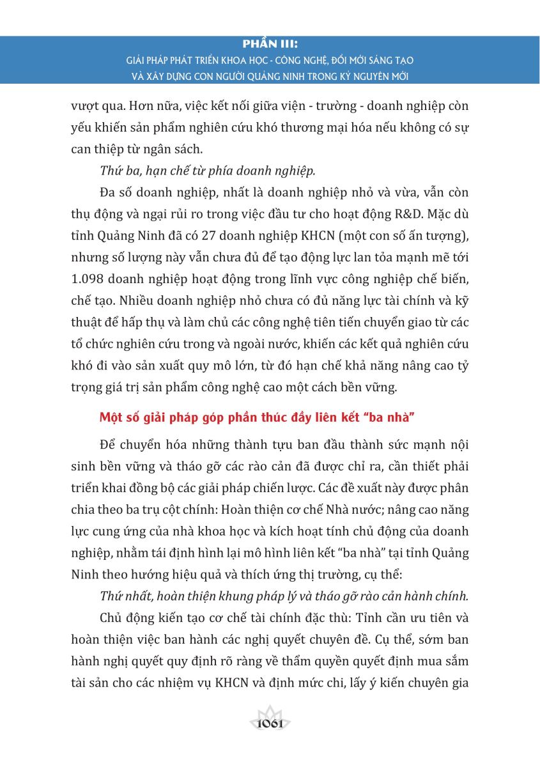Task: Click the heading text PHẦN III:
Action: [x=270, y=45]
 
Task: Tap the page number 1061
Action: [x=270, y=724]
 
